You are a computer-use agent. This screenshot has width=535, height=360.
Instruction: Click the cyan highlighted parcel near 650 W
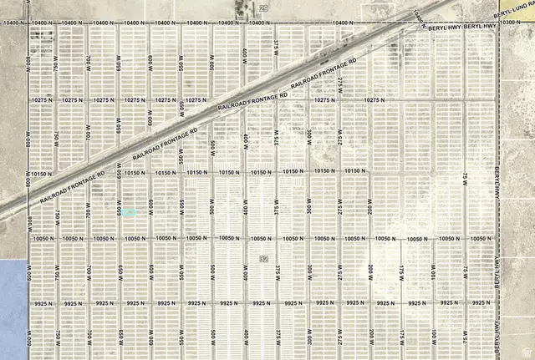[x=131, y=212]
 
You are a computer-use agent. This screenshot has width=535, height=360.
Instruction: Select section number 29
[x=263, y=8]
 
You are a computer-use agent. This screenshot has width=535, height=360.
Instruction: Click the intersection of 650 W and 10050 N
[x=121, y=238]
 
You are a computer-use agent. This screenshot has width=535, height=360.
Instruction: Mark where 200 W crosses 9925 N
[x=370, y=303]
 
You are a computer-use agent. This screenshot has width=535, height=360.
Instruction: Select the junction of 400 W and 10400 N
[x=245, y=23]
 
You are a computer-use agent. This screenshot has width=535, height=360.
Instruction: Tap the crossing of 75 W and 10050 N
[x=465, y=238]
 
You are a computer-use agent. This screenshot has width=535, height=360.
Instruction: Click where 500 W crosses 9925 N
[x=213, y=303]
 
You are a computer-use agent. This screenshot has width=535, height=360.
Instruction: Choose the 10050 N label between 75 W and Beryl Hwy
[x=479, y=238]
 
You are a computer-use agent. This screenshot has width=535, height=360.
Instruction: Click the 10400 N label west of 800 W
[x=13, y=23]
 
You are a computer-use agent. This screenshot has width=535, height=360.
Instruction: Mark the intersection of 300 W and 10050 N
[x=308, y=238]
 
